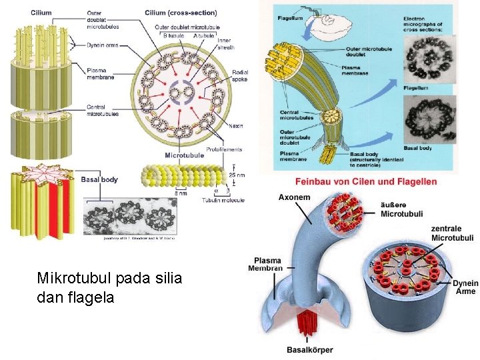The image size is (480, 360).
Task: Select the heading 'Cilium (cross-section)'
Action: pyautogui.click(x=181, y=13)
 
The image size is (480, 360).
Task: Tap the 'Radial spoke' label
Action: pyautogui.click(x=240, y=75)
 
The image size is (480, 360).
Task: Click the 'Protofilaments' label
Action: pyautogui.click(x=224, y=149)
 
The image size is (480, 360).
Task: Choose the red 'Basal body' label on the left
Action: pyautogui.click(x=99, y=179)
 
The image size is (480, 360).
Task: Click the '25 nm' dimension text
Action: pyautogui.click(x=236, y=175)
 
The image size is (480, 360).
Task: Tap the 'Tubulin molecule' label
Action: pyautogui.click(x=223, y=200)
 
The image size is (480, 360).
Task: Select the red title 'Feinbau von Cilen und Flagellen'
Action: pyautogui.click(x=366, y=181)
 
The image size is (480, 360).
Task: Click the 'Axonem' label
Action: pyautogui.click(x=294, y=197)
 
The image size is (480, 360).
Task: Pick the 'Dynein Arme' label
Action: pyautogui.click(x=465, y=287)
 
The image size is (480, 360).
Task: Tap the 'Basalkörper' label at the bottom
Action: pyautogui.click(x=309, y=350)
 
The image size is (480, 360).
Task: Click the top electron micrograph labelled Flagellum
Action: pyautogui.click(x=430, y=59)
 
